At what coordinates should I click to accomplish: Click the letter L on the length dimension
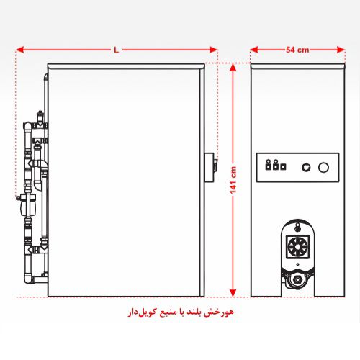pyautogui.click(x=117, y=50)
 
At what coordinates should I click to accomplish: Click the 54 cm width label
pyautogui.click(x=297, y=50)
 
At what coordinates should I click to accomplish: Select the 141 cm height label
pyautogui.click(x=233, y=180)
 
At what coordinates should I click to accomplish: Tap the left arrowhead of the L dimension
pyautogui.click(x=19, y=50)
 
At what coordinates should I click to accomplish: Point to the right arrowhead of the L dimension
pyautogui.click(x=213, y=50)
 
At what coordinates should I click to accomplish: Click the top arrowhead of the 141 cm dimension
pyautogui.click(x=233, y=67)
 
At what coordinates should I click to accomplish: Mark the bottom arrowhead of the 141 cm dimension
pyautogui.click(x=233, y=293)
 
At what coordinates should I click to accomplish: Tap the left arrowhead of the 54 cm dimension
pyautogui.click(x=254, y=50)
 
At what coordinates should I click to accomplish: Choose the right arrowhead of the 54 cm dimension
pyautogui.click(x=341, y=50)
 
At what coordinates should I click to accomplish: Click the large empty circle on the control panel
pyautogui.click(x=323, y=168)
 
